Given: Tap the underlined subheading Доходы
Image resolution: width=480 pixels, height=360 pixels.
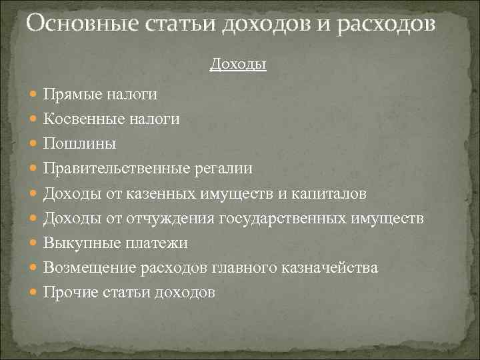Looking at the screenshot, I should (x=238, y=64).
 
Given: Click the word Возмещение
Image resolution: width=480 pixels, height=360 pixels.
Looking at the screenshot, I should (x=91, y=267).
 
